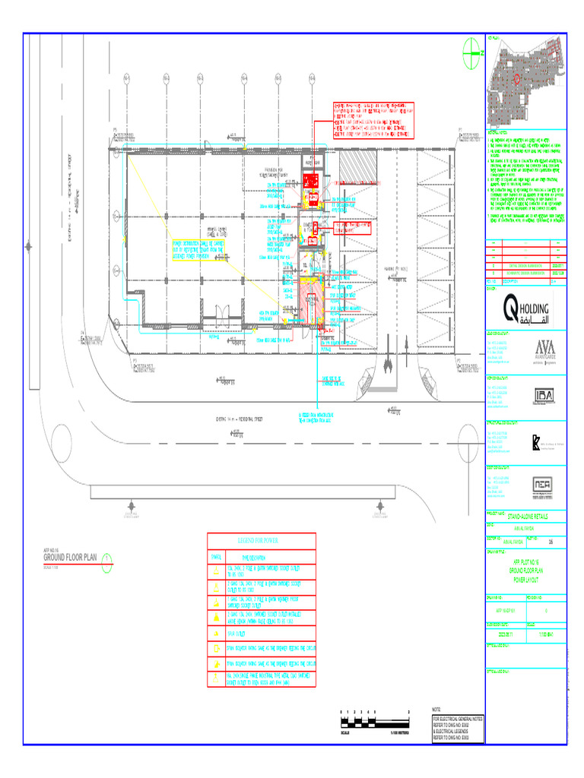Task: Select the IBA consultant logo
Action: (544, 396)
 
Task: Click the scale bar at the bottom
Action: (375, 719)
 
